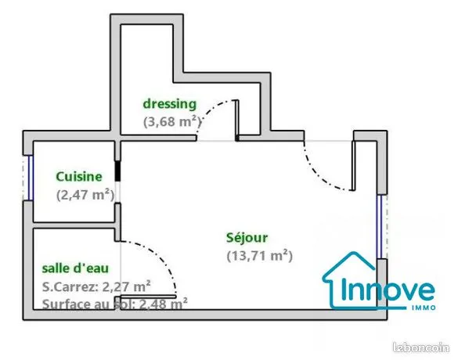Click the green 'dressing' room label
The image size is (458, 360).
[x=169, y=105]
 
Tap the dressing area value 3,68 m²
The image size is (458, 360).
[x=172, y=121]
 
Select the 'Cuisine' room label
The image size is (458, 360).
[x=79, y=177]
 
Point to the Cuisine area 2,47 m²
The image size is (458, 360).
[x=85, y=195]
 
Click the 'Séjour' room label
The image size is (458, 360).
[x=247, y=238]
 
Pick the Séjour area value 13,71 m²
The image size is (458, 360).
[x=260, y=256]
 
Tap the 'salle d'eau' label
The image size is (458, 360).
[x=75, y=268]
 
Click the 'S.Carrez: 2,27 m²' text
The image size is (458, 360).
[x=96, y=286]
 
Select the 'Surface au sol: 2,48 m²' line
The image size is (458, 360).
[x=115, y=304]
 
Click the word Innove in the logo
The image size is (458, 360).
[x=388, y=290]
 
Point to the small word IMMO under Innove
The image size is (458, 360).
[x=424, y=308]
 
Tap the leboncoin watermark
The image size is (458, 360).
[x=421, y=347]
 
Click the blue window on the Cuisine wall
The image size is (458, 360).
[x=31, y=178]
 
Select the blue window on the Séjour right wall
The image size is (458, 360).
[x=380, y=227]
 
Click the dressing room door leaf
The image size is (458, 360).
[x=237, y=121]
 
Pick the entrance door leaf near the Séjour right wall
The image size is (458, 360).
[x=353, y=166]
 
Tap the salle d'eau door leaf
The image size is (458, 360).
[x=148, y=297]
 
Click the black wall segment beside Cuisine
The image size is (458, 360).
[x=117, y=171]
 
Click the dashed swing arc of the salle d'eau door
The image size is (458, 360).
[x=157, y=257]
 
